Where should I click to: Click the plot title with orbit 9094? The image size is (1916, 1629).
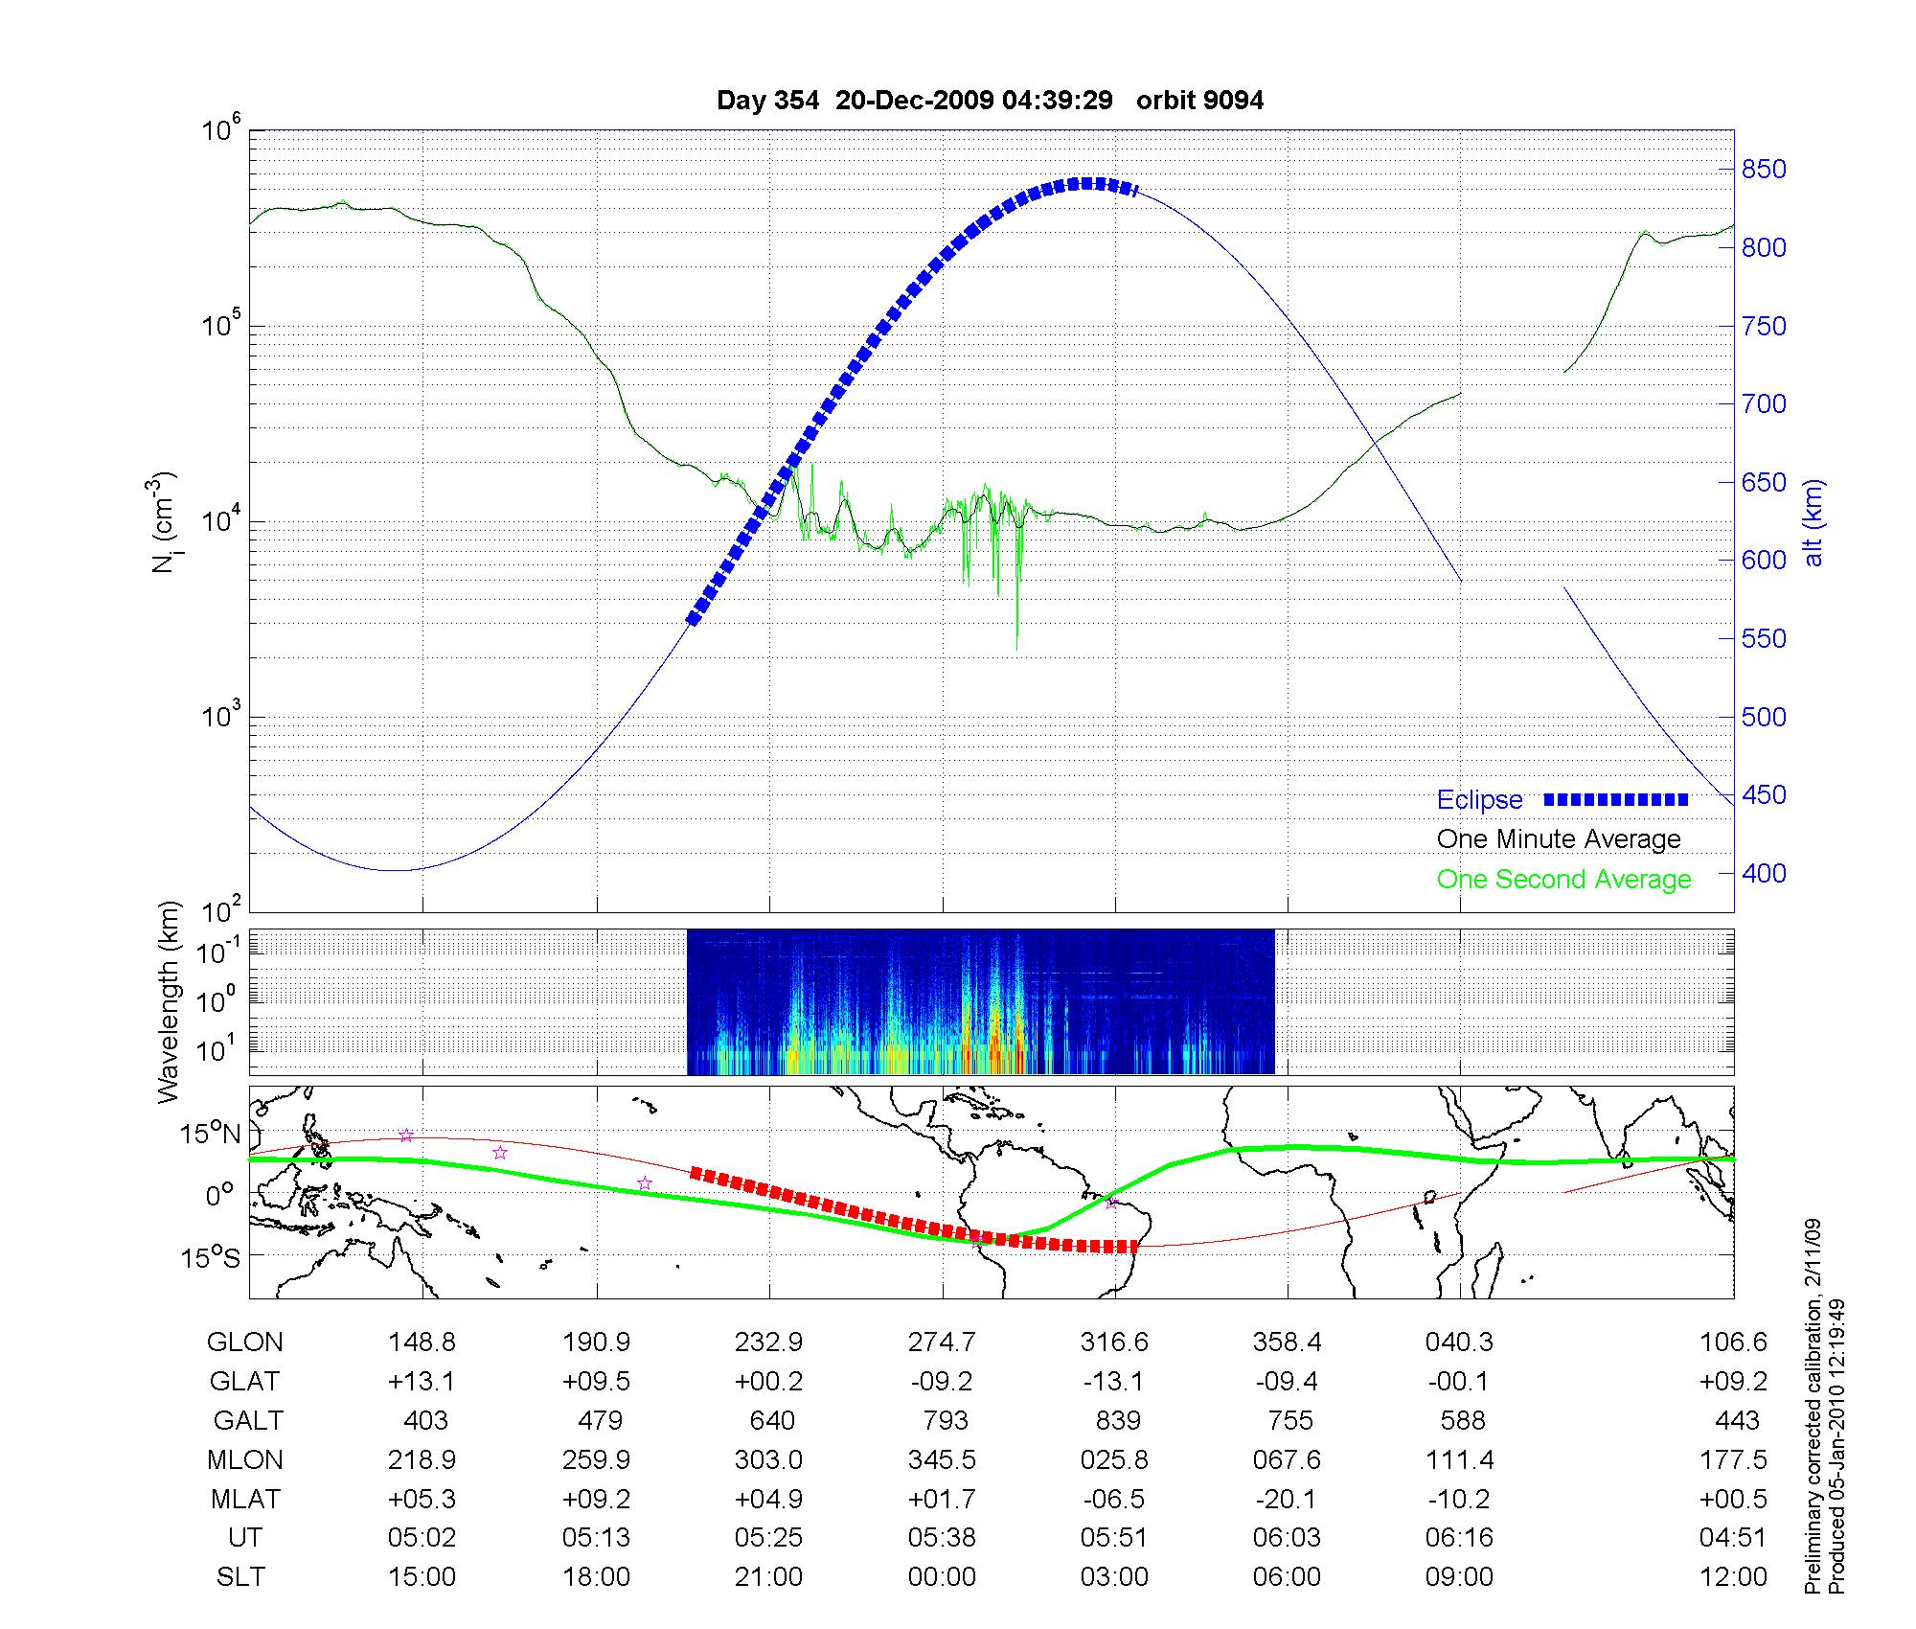(x=990, y=101)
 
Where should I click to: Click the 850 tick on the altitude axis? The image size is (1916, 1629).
(x=1763, y=170)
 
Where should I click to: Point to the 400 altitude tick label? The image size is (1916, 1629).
(x=1763, y=873)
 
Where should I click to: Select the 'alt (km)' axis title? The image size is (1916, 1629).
(x=1813, y=522)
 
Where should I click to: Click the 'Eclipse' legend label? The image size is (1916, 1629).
(x=1479, y=800)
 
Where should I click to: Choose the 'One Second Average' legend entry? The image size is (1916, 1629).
(x=1563, y=880)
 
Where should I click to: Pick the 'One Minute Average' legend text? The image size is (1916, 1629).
(x=1559, y=839)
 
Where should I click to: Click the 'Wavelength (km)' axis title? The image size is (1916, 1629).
(x=169, y=1001)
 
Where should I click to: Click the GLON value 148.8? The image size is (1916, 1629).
(x=422, y=1342)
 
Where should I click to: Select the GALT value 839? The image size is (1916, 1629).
(x=1118, y=1420)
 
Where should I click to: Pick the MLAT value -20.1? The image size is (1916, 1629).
(x=1287, y=1499)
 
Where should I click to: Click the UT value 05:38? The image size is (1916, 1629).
(x=942, y=1538)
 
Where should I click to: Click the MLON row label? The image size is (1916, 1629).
(x=245, y=1459)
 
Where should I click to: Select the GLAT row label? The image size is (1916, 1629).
(x=245, y=1381)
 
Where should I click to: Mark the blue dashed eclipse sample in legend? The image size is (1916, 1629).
(x=1616, y=799)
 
